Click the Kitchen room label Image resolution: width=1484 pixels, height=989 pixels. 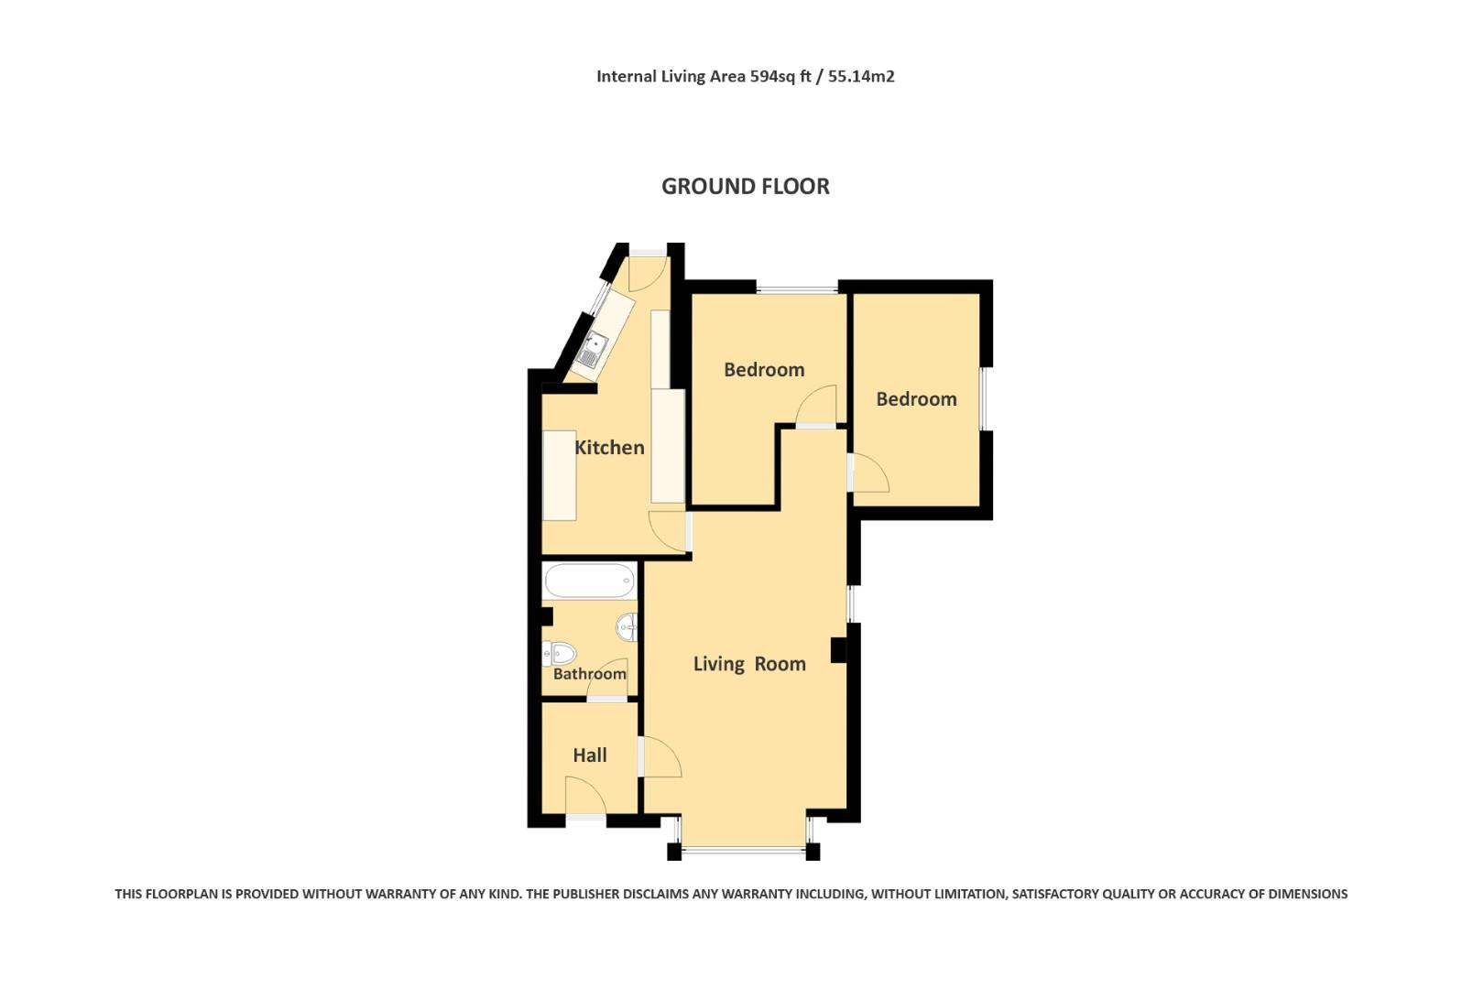pos(609,448)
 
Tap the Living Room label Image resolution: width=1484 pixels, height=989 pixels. pos(749,664)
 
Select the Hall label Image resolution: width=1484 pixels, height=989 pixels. pos(590,755)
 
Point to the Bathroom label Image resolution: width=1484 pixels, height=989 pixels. pos(589,674)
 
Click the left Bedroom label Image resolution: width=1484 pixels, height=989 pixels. pos(764,370)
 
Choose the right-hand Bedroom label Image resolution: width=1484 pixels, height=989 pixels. pos(916,399)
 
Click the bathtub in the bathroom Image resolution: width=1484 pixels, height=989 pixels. pos(589,581)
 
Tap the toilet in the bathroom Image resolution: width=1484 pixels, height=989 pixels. pos(560,654)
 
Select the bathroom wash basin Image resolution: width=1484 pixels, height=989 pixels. pos(627,626)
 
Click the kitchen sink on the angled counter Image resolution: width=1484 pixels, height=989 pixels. pos(593,351)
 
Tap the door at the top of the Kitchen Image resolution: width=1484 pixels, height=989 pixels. pos(647,270)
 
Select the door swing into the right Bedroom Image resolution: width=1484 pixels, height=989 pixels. pos(869,473)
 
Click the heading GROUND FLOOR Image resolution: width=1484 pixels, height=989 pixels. pos(746,186)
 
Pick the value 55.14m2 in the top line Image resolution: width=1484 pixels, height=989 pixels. pos(861,77)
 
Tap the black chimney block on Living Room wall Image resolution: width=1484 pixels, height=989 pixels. pos(837,649)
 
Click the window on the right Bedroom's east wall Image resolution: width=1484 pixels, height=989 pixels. pos(986,398)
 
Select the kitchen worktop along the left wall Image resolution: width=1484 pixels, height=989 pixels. pos(559,474)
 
